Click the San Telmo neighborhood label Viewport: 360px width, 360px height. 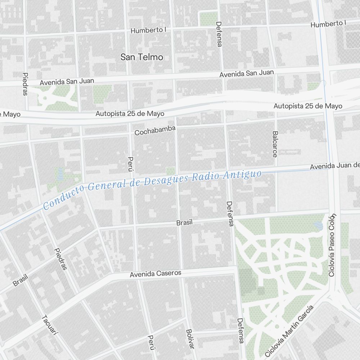(x=141, y=57)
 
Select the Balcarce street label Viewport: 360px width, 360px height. (x=275, y=144)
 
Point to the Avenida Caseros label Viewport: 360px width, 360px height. (x=156, y=274)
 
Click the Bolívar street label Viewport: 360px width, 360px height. (x=190, y=339)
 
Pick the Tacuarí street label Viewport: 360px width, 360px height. (x=50, y=325)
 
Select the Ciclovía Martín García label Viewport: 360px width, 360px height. (x=289, y=330)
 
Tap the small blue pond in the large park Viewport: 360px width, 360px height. (x=318, y=226)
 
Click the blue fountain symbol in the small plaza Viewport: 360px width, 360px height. (x=60, y=174)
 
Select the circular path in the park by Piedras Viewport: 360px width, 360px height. (x=45, y=98)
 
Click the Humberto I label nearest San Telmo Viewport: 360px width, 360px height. (x=148, y=30)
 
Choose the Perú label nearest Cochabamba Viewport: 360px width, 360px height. (x=131, y=165)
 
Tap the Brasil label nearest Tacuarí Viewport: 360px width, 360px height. (x=21, y=280)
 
